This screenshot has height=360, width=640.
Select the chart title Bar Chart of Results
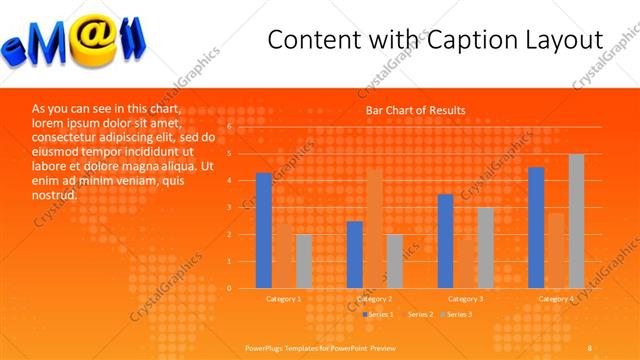point(415,110)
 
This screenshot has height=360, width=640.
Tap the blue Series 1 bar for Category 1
point(264,230)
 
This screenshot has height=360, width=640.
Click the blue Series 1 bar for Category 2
point(355,254)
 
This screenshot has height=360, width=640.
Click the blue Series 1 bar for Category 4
point(536,227)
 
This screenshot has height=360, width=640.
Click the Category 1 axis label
point(283,298)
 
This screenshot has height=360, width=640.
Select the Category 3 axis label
point(465,298)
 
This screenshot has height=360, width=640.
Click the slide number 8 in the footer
point(589,346)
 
